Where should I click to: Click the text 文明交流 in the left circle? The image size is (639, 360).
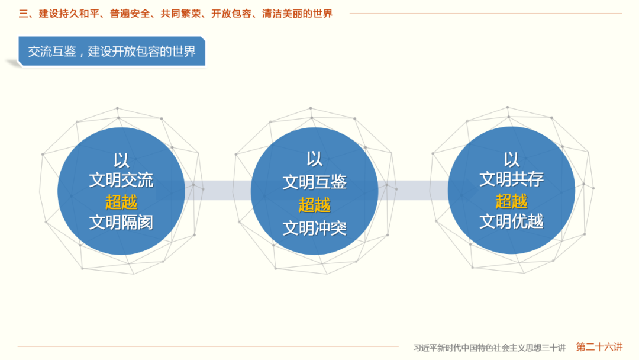click(x=121, y=180)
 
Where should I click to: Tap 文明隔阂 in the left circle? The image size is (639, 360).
click(x=121, y=222)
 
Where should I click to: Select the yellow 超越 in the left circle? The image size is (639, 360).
click(x=121, y=202)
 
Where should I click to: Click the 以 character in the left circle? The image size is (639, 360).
click(x=121, y=160)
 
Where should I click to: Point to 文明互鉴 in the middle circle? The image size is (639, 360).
click(x=314, y=182)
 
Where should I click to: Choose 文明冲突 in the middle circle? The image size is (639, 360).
click(x=314, y=228)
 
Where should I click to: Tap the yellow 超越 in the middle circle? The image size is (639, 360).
click(x=314, y=205)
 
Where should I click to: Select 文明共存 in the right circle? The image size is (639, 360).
click(x=511, y=179)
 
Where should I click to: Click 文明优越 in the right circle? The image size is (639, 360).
click(x=511, y=221)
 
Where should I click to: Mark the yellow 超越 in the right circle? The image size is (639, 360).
click(x=511, y=201)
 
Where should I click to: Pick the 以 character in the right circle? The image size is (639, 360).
click(x=511, y=159)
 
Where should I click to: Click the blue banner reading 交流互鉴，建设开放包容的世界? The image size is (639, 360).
click(x=112, y=52)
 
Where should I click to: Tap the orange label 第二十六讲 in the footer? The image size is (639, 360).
click(x=599, y=347)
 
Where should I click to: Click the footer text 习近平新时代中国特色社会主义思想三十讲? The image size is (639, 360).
click(x=489, y=348)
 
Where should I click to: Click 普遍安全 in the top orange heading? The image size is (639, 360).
click(x=130, y=13)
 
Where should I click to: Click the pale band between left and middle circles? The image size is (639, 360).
click(x=218, y=190)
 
